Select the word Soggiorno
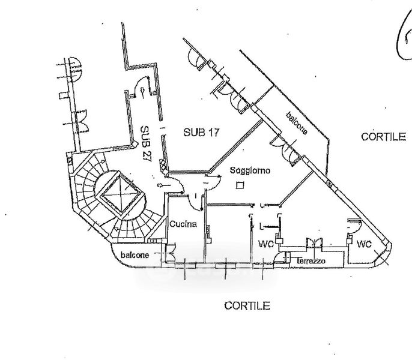tap(250, 171)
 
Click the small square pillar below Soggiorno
tap(240, 185)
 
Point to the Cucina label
tap(183, 224)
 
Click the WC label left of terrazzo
tap(266, 245)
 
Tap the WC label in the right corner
tap(365, 245)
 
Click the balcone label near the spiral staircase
tap(135, 255)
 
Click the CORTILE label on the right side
tap(383, 137)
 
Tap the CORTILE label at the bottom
tap(247, 306)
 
